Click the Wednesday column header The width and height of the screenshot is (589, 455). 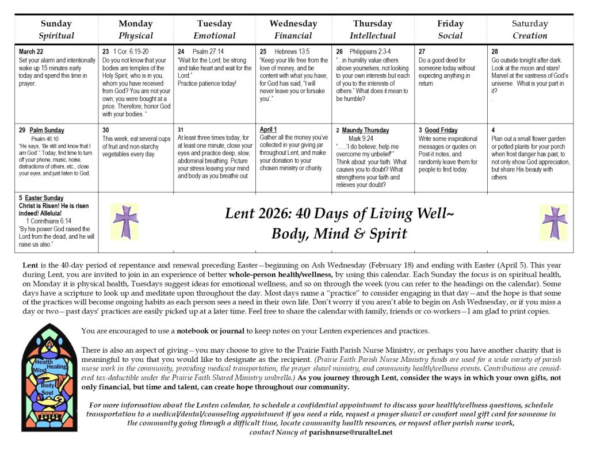pos(293,24)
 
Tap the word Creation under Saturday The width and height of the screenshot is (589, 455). pos(529,36)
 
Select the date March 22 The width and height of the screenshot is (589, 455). pos(30,52)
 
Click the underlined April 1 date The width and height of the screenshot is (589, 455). pos(269,130)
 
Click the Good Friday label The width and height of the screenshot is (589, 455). pos(441,131)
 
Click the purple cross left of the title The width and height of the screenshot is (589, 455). pos(125,221)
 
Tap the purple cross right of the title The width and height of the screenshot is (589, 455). pos(554,223)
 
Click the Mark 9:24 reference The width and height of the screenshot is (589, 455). pos(362,139)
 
